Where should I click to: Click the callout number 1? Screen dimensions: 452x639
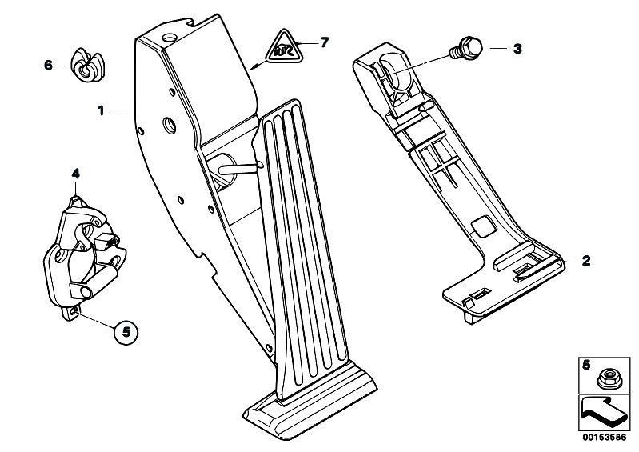coord(102,111)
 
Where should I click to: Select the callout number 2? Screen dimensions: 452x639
coord(586,261)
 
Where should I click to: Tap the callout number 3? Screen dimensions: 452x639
coord(517,49)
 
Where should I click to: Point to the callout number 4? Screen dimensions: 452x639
coord(75,173)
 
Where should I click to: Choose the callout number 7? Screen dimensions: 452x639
coord(324,42)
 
